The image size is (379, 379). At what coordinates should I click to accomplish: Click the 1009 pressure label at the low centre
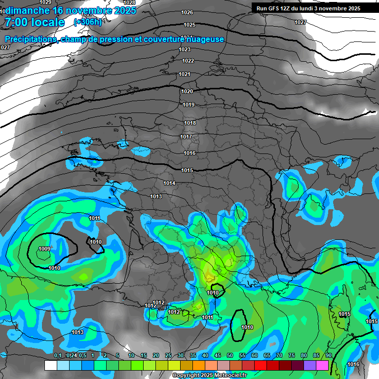pos(44,249)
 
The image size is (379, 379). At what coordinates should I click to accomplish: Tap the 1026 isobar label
pos(188,12)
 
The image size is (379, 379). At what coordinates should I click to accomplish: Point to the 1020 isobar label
pos(187,91)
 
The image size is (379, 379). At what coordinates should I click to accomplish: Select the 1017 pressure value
pos(186,137)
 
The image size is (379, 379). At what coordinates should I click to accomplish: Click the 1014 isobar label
pos(169,183)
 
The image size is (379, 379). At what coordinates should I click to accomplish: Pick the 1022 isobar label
pos(188,61)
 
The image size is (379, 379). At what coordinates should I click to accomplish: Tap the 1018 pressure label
pos(190,123)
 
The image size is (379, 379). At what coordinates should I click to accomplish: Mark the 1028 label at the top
pos(129,2)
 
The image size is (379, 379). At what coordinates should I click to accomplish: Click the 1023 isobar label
pos(185,49)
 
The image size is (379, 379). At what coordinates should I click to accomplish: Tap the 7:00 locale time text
pos(34,22)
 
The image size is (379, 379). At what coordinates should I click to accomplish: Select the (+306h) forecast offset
pos(88,22)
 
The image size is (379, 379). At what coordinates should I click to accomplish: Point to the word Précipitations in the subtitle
pos(31,39)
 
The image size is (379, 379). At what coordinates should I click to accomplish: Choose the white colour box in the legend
pos(50,366)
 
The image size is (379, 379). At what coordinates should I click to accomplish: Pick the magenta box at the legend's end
pos(322,366)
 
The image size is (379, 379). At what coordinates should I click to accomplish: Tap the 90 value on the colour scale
pos(328,356)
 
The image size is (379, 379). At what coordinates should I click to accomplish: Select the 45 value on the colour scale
pos(218,356)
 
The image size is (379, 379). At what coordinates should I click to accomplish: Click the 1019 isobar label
pos(189,105)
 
